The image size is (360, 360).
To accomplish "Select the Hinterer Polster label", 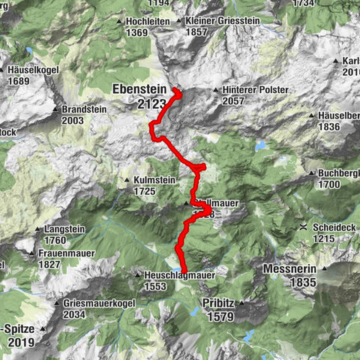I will (255, 90).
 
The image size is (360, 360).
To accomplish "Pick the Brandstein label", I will (84, 109).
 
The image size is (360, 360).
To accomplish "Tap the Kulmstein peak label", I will (157, 181).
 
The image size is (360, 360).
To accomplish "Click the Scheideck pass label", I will (335, 226).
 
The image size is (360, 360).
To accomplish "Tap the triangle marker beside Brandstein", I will (56, 109).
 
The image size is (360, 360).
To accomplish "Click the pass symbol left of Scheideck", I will (303, 226).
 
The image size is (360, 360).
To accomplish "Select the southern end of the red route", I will (183, 270).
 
